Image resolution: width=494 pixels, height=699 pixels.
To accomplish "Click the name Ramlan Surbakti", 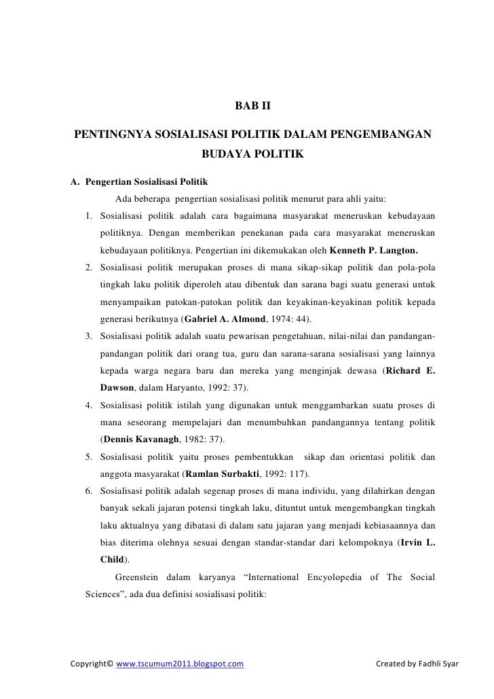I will pos(223,474).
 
